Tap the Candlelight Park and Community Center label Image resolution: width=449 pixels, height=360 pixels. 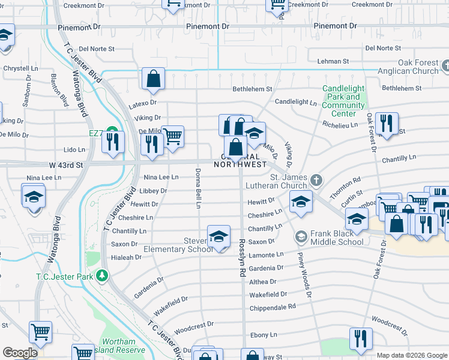pos(343,101)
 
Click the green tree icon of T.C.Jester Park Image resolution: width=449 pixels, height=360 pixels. pos(103,275)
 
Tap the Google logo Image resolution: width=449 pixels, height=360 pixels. pos(20,353)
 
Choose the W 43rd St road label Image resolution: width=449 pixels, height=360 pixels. pos(24,165)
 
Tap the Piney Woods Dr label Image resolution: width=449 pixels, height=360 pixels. pos(304,274)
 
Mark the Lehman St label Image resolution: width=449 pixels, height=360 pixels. pos(333,61)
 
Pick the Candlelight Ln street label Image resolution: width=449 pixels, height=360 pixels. pos(295,102)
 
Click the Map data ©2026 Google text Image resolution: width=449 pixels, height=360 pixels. pos(411,355)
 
